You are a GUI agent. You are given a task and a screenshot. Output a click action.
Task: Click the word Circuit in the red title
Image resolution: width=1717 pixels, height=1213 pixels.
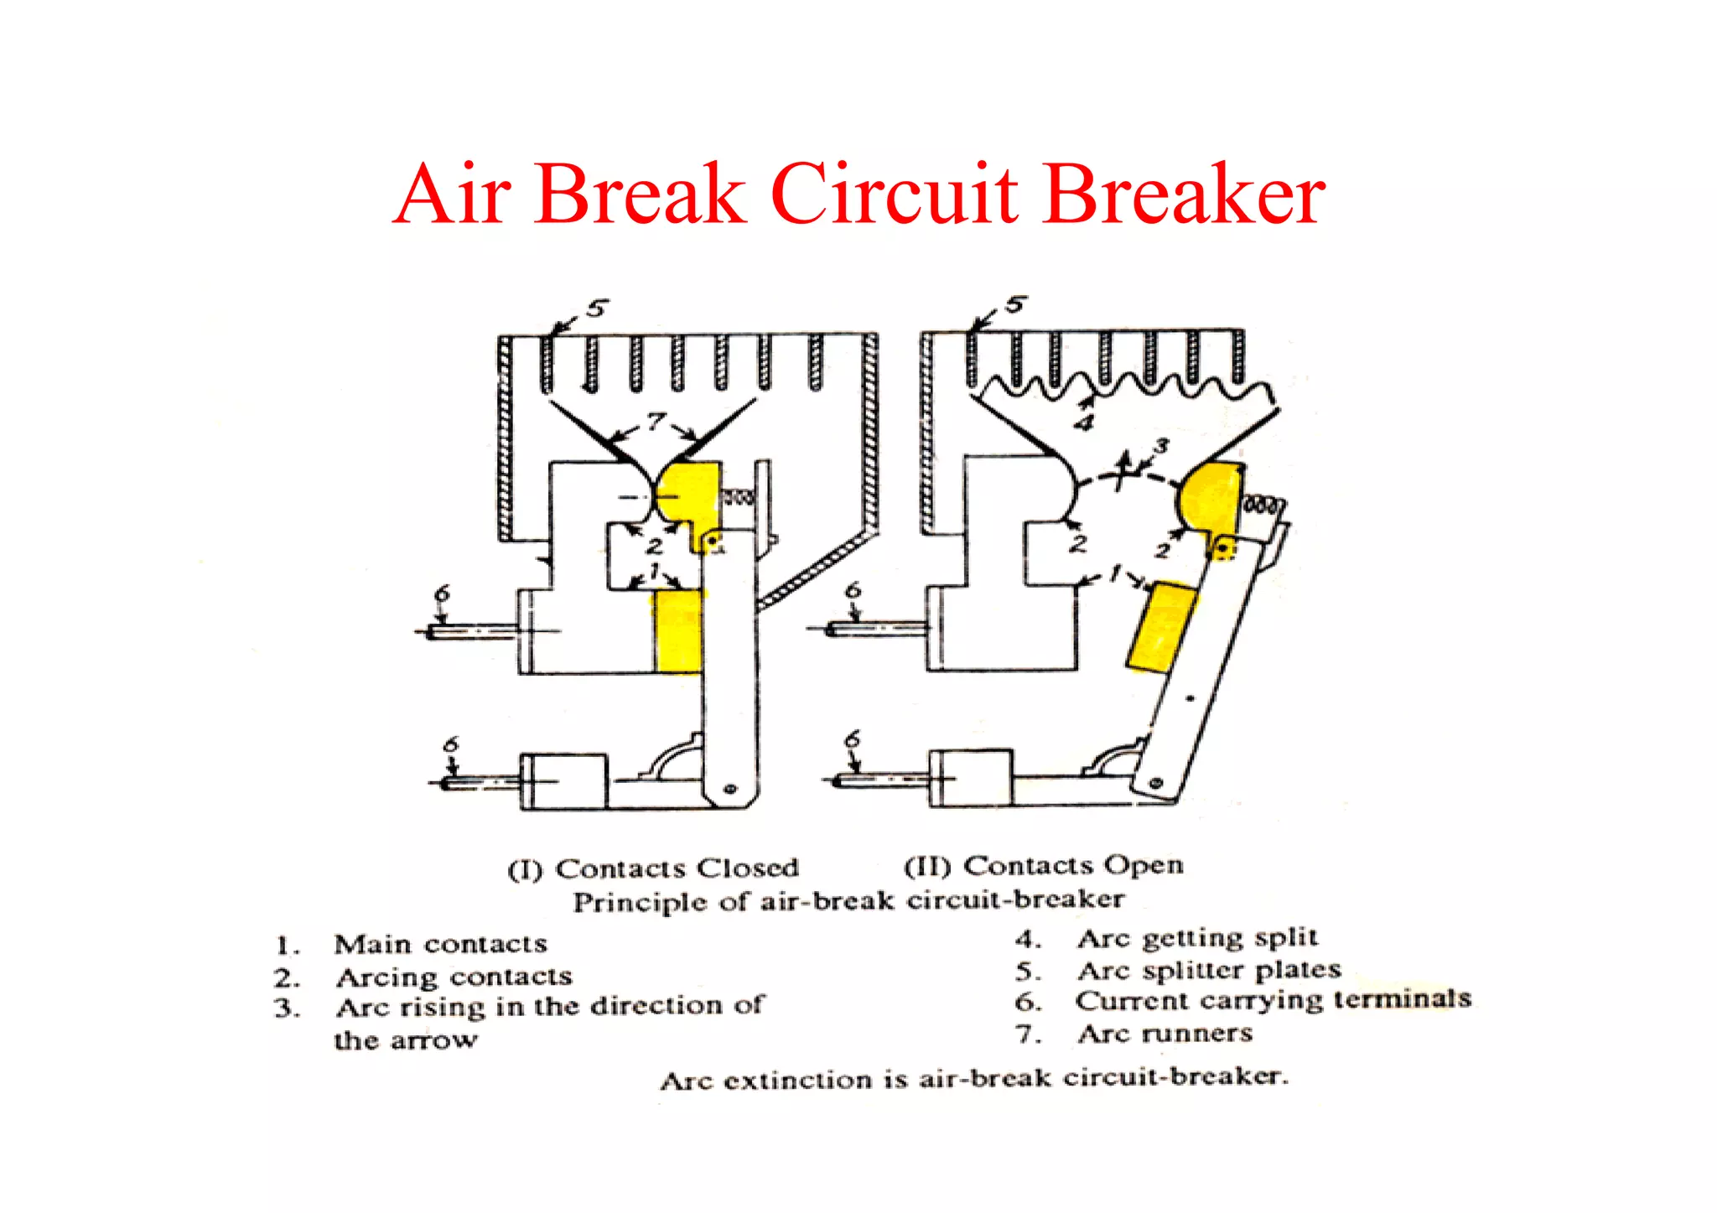894,194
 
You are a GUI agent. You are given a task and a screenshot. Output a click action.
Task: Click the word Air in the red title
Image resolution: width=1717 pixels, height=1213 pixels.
452,194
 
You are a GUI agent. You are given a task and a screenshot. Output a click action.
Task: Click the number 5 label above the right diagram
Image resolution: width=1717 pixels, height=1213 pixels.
1015,304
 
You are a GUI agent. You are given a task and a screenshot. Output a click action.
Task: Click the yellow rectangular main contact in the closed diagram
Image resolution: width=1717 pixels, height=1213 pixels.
678,630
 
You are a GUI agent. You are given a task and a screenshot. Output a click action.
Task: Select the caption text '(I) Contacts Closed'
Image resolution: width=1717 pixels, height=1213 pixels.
654,868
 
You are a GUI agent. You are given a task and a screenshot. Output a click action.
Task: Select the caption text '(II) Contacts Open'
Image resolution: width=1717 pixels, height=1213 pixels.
1044,865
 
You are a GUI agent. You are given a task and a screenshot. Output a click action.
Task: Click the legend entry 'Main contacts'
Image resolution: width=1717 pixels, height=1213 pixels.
440,944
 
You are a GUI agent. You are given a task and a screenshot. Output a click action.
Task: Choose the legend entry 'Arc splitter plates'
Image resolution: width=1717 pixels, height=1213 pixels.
1209,970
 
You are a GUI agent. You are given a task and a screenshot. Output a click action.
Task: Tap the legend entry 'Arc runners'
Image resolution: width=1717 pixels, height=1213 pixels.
1165,1034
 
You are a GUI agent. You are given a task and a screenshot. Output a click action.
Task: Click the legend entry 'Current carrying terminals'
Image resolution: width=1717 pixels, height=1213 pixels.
1273,1000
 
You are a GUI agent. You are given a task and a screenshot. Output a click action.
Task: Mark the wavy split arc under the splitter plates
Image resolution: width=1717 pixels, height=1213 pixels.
1123,388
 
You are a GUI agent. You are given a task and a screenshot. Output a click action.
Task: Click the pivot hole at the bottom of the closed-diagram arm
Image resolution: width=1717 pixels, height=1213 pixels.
729,789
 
